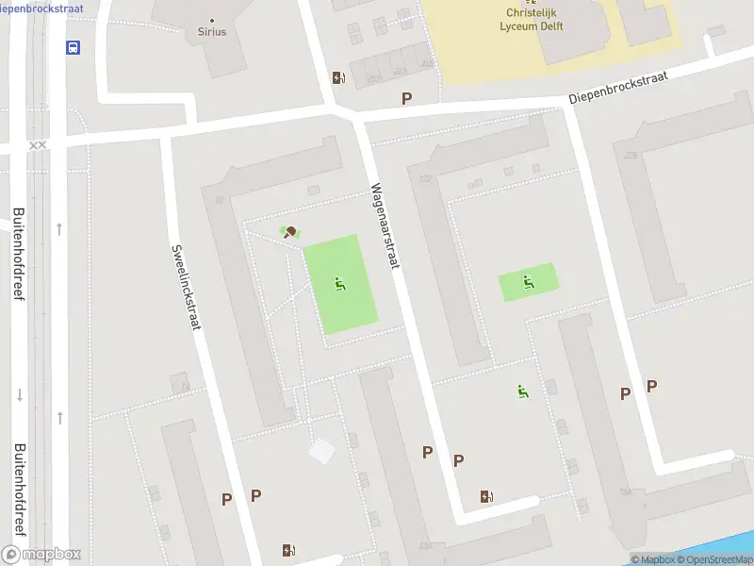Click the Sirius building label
coord(212,31)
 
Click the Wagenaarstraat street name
coord(385,225)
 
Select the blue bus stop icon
coord(73,48)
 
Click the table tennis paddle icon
coord(290,232)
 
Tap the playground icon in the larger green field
coord(340,283)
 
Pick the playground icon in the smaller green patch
coord(528,280)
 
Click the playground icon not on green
coord(521,391)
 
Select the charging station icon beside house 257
coord(337,78)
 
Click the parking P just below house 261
coord(407,98)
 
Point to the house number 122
coord(425,178)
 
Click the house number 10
coord(219,199)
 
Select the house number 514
coord(625,491)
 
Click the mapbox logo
coord(42,555)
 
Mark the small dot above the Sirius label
coord(212,20)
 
